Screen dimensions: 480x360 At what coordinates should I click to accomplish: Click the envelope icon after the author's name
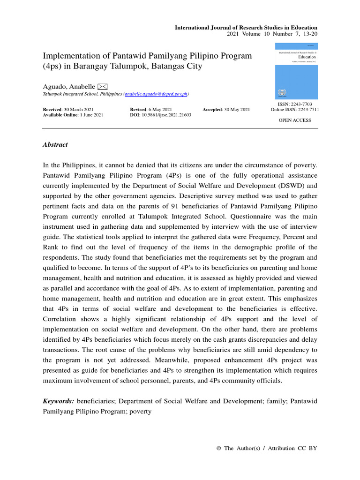click(x=103, y=86)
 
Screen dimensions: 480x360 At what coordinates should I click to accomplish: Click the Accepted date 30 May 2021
click(x=238, y=109)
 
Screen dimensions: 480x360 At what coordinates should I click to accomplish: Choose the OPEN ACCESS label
click(x=295, y=120)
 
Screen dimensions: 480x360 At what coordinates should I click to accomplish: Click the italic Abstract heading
click(x=55, y=145)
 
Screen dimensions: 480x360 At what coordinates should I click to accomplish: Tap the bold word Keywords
click(x=58, y=402)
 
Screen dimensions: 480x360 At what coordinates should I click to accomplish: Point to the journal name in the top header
click(x=246, y=28)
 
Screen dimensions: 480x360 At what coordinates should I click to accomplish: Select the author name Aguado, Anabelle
click(x=68, y=87)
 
